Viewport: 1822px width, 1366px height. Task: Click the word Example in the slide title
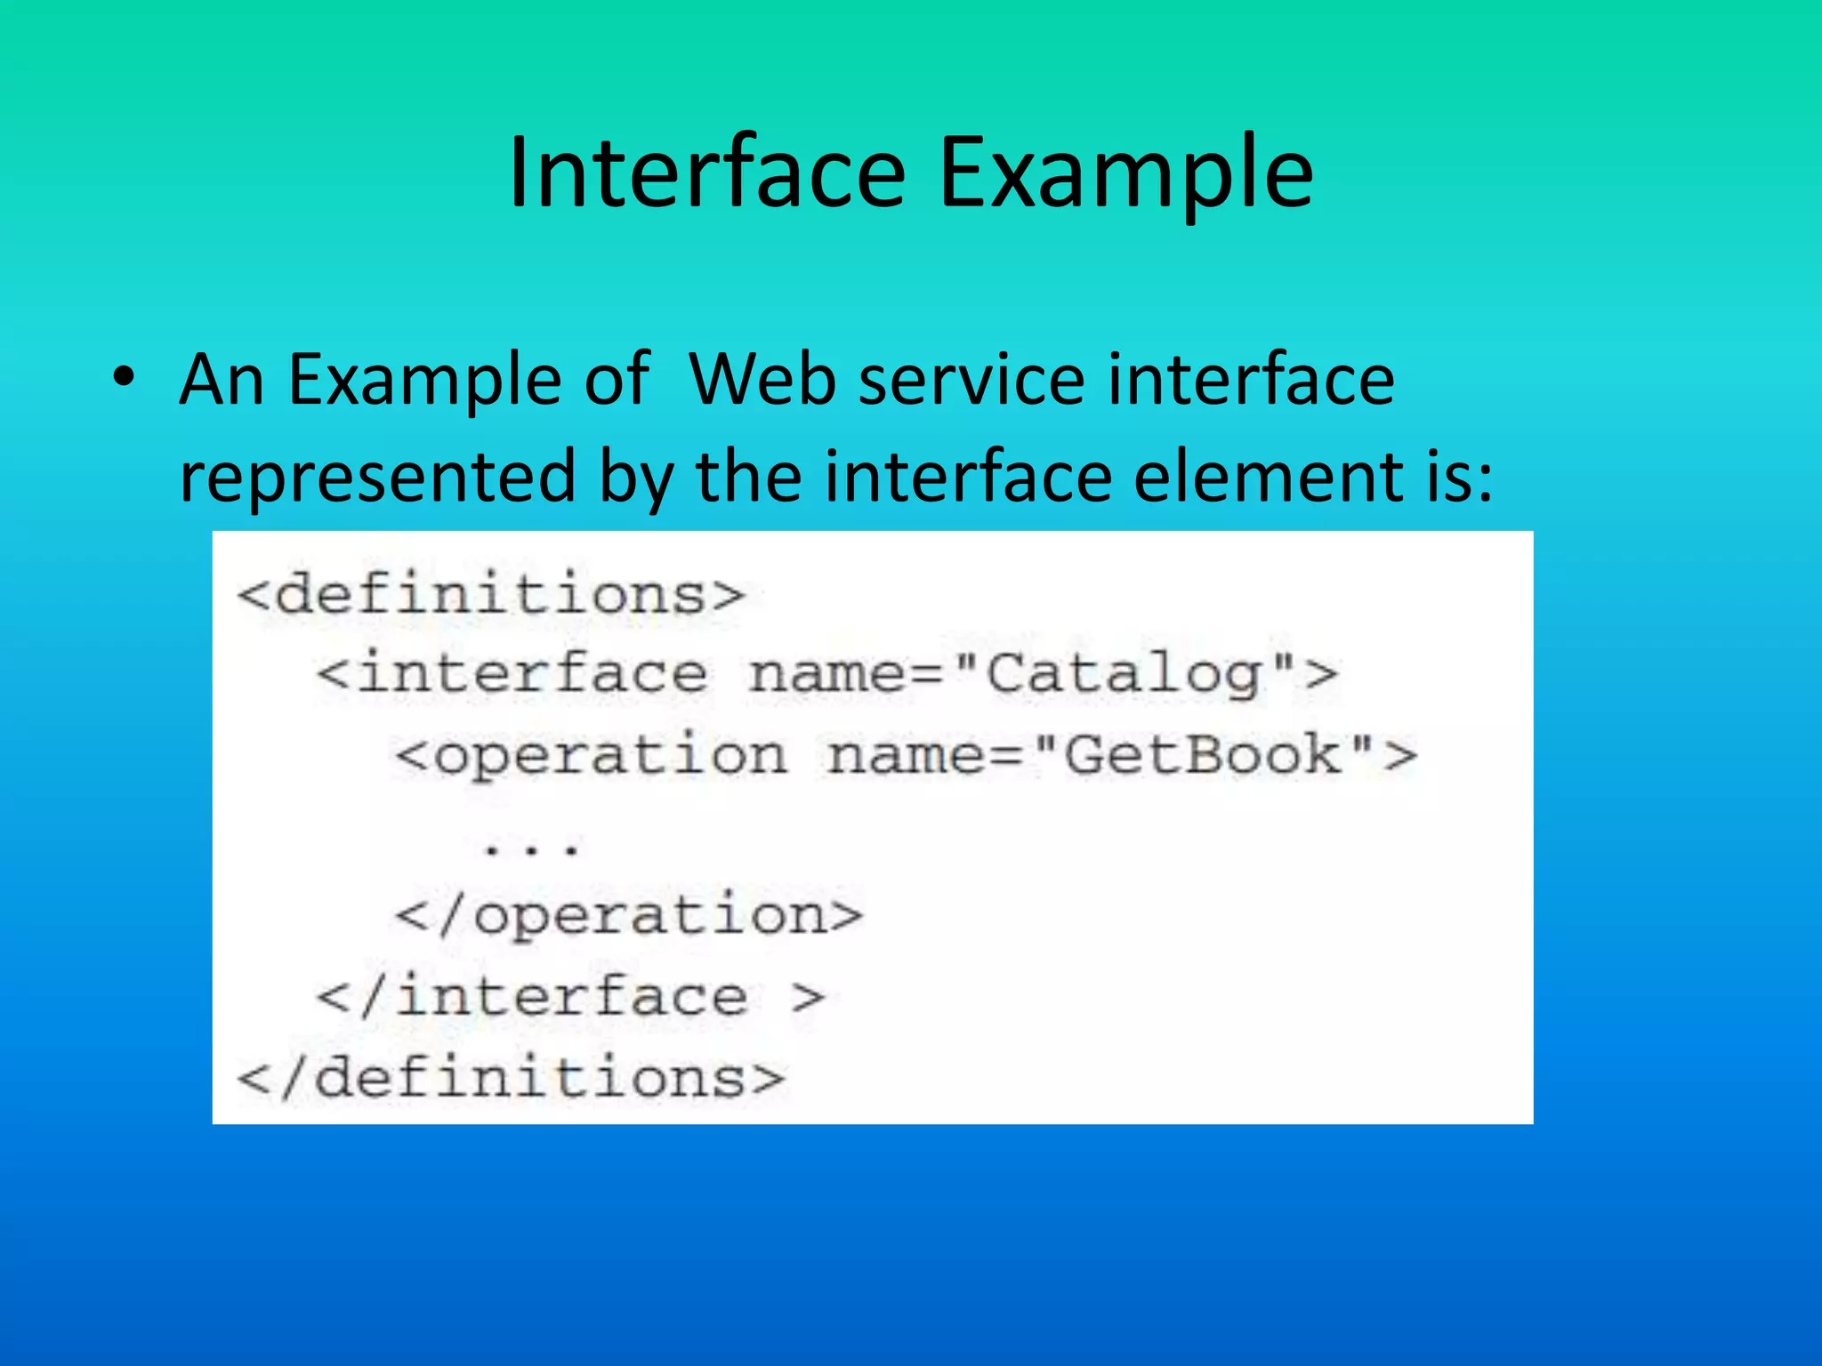1125,174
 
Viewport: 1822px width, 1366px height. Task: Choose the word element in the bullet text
1254,476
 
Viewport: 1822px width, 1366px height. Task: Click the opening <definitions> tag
490,594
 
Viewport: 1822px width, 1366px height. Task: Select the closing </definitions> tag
511,1078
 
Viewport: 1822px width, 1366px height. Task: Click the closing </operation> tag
629,916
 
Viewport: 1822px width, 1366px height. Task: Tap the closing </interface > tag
570,997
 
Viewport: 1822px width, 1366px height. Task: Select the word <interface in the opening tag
512,674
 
